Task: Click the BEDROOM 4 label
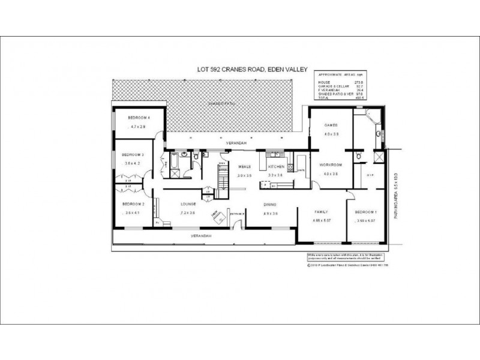tap(139, 118)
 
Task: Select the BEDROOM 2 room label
tap(131, 203)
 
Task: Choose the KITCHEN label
tap(275, 166)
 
